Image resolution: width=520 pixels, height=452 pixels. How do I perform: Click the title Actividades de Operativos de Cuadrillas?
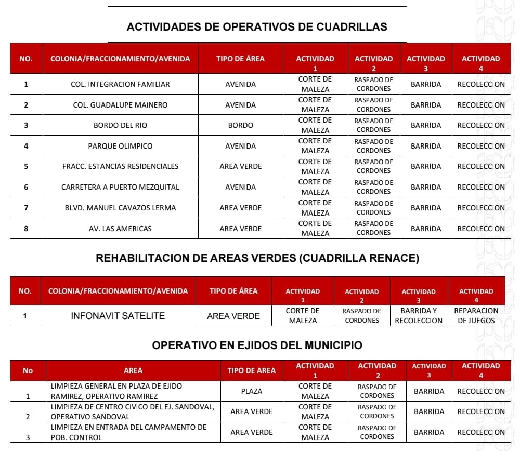pyautogui.click(x=257, y=26)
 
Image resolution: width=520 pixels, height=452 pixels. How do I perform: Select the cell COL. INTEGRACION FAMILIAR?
pyautogui.click(x=120, y=84)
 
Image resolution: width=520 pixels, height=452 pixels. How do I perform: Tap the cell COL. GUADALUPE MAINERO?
pyautogui.click(x=120, y=105)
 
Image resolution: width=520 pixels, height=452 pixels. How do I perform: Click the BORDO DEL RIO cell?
pyautogui.click(x=120, y=125)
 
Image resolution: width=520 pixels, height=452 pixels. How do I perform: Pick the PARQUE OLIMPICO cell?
pyautogui.click(x=120, y=146)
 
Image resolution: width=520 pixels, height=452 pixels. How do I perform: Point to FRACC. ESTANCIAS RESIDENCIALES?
pyautogui.click(x=120, y=166)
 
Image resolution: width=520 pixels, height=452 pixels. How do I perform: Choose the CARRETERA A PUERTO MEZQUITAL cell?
pyautogui.click(x=120, y=187)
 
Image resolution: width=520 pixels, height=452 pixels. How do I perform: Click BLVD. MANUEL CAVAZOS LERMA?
pyautogui.click(x=120, y=208)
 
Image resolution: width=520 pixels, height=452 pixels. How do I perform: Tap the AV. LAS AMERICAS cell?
pyautogui.click(x=120, y=229)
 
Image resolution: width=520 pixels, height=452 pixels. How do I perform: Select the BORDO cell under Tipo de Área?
pyautogui.click(x=240, y=125)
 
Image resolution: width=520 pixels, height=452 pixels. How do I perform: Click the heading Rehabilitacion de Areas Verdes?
pyautogui.click(x=257, y=258)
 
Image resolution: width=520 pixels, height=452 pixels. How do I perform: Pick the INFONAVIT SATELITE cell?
pyautogui.click(x=118, y=316)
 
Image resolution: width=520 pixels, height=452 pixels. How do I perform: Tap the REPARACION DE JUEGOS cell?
pyautogui.click(x=476, y=316)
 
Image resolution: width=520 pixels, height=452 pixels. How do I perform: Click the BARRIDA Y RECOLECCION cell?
pyautogui.click(x=419, y=316)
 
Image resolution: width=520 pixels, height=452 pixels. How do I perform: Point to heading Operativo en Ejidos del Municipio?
pyautogui.click(x=257, y=345)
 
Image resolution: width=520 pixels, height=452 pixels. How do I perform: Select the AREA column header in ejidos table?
pyautogui.click(x=133, y=370)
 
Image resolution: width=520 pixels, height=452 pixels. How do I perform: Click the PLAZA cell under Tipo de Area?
pyautogui.click(x=251, y=391)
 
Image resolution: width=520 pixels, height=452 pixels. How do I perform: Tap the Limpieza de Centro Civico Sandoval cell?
pyautogui.click(x=133, y=411)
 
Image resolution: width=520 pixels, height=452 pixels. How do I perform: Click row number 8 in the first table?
pyautogui.click(x=26, y=229)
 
